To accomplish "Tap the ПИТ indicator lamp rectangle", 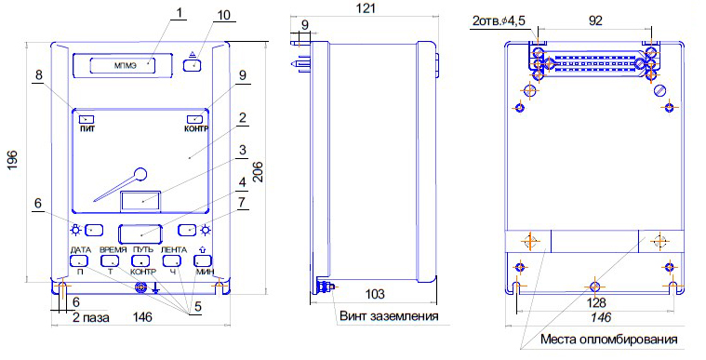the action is pyautogui.click(x=87, y=119).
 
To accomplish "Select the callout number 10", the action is pyautogui.click(x=223, y=15).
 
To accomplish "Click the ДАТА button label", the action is pyautogui.click(x=81, y=250).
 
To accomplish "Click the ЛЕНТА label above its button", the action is pyautogui.click(x=174, y=250).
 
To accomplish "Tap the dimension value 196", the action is pyautogui.click(x=13, y=160).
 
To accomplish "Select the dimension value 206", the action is pyautogui.click(x=258, y=172).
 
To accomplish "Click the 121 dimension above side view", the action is pyautogui.click(x=366, y=8).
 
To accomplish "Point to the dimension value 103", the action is pyautogui.click(x=375, y=294).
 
